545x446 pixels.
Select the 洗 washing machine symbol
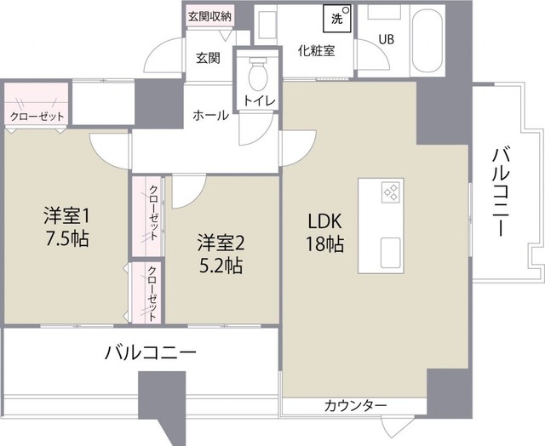point(336,16)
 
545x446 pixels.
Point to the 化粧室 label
point(316,49)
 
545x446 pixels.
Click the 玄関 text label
point(208,58)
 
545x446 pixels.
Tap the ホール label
point(210,115)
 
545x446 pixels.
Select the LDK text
point(325,220)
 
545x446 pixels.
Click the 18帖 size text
point(325,245)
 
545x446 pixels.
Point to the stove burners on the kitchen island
point(392,193)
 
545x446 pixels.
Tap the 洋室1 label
point(66,213)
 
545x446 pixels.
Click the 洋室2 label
point(221,241)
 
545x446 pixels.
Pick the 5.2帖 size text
point(221,266)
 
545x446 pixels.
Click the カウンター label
point(355,405)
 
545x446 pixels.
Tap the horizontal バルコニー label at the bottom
point(152,351)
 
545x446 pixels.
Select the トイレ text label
point(258,101)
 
